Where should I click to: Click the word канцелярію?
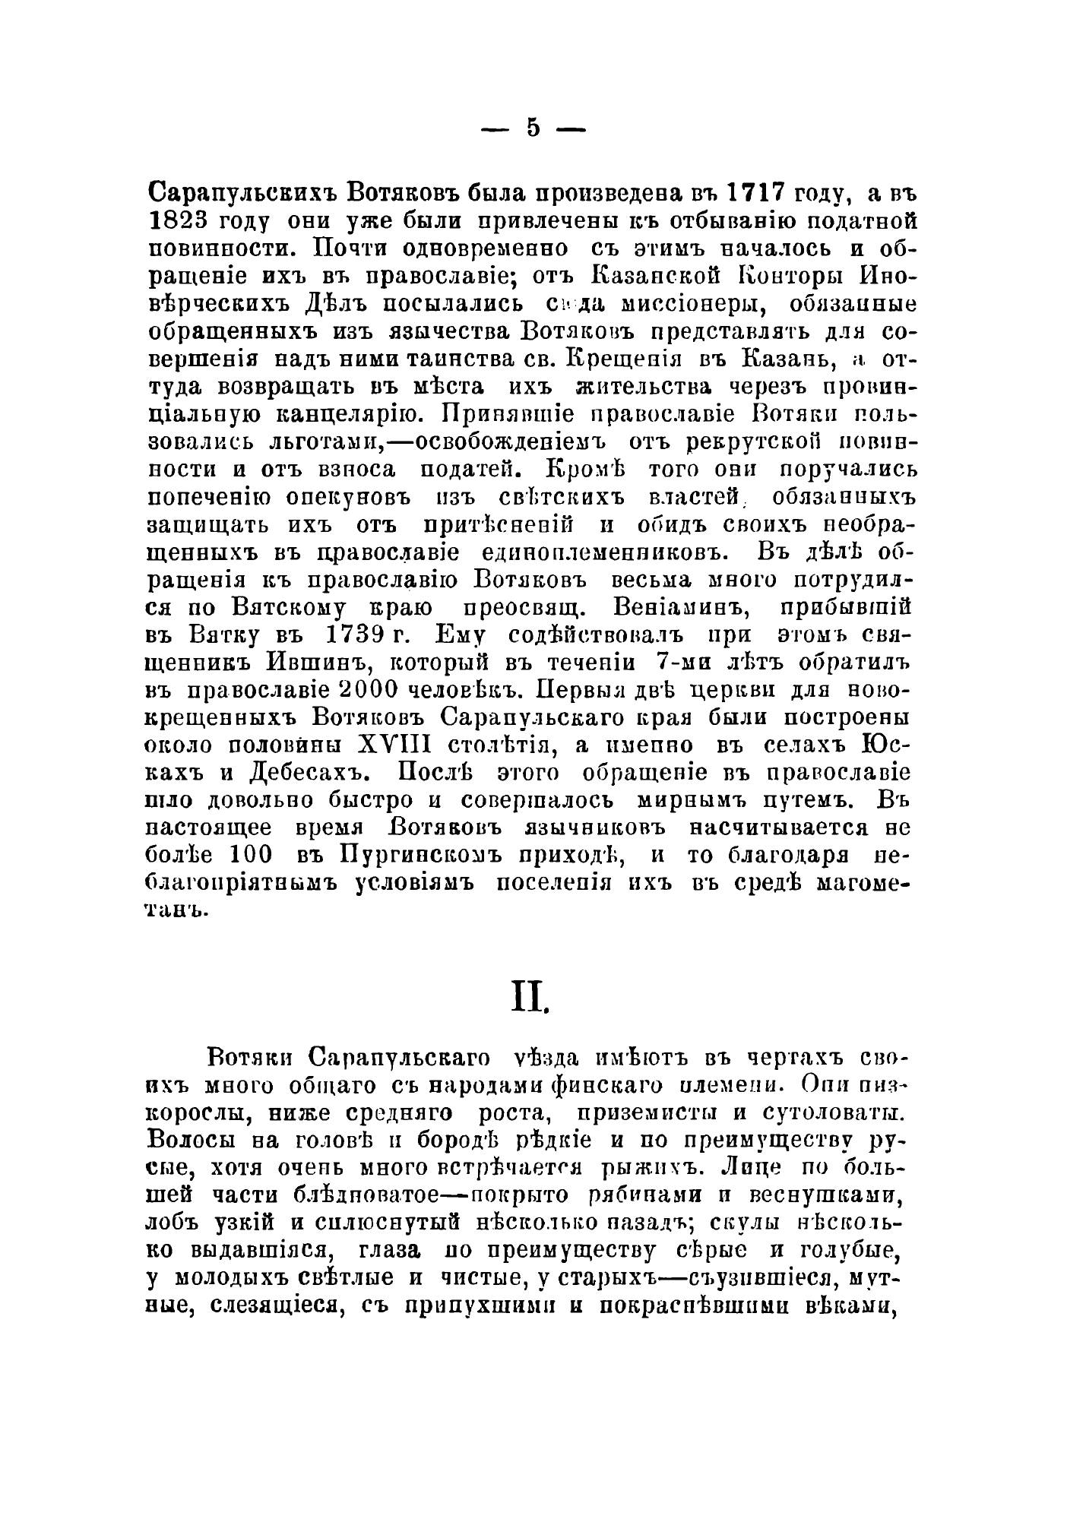318,413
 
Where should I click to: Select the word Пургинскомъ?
420,856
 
